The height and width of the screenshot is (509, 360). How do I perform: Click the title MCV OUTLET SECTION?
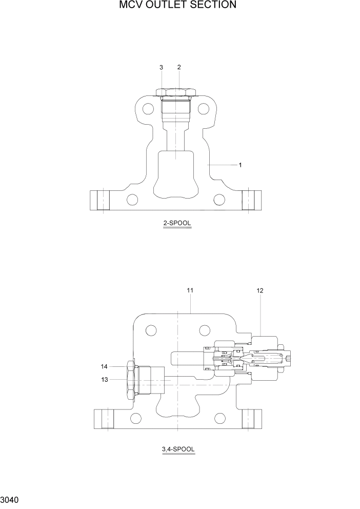(x=177, y=5)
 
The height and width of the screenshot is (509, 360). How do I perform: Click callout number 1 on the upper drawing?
(x=240, y=165)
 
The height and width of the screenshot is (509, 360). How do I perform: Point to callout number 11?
(x=190, y=290)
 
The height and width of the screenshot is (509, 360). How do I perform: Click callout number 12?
(x=260, y=290)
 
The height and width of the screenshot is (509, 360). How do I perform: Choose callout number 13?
(x=105, y=379)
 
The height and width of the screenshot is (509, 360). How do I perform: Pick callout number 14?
(x=105, y=366)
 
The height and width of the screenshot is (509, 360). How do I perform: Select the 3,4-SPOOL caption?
(x=177, y=449)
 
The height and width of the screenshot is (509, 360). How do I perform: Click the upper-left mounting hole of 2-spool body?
(x=148, y=109)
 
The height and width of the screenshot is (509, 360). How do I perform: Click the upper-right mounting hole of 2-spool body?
(x=204, y=109)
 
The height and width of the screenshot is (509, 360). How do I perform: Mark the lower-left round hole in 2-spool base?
(x=133, y=199)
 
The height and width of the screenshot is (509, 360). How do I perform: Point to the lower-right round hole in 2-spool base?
(x=219, y=199)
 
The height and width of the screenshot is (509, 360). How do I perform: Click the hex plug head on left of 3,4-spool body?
(x=130, y=380)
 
